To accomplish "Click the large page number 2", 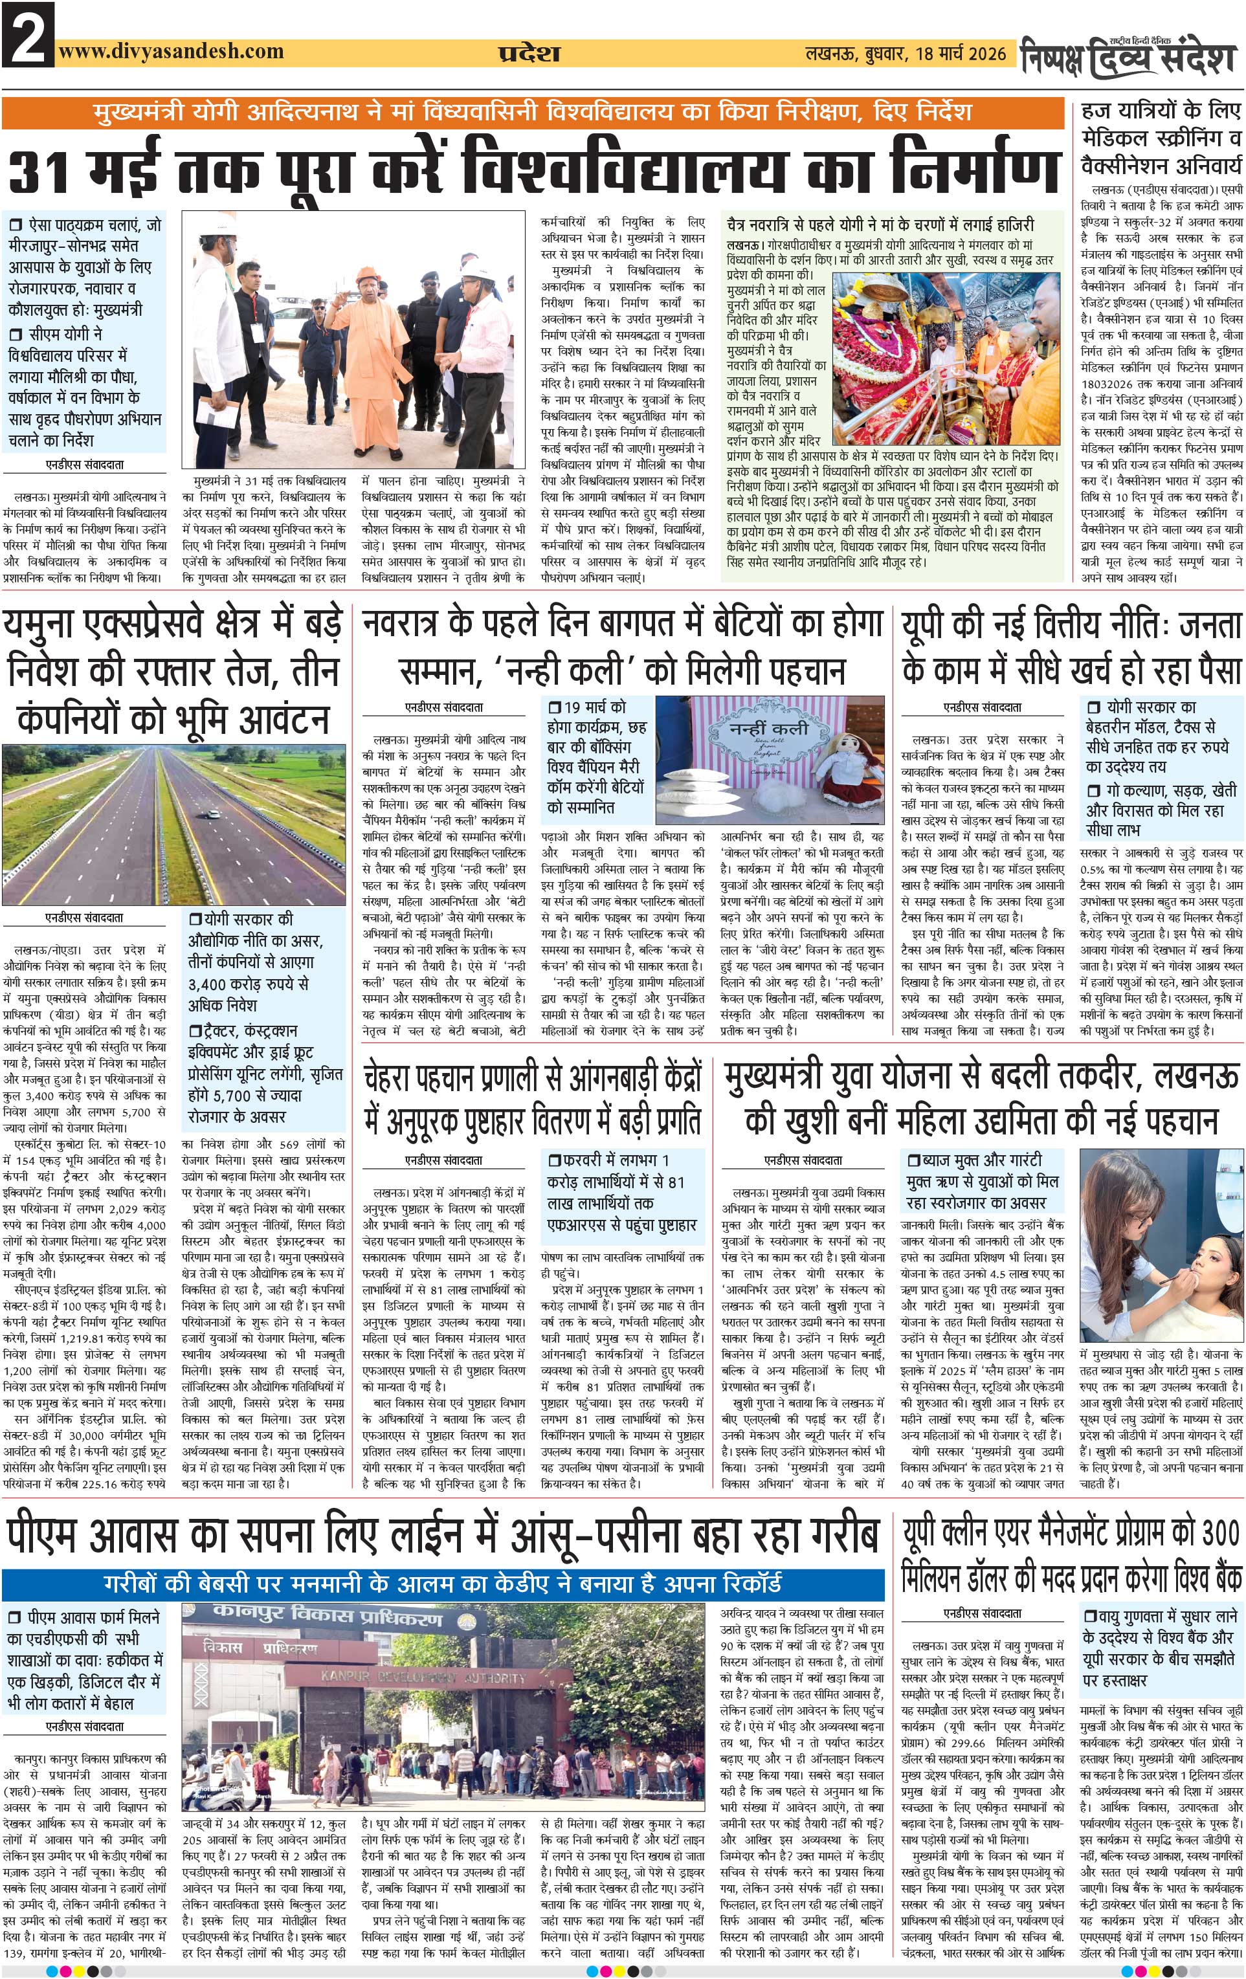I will [27, 34].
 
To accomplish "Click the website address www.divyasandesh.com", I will [171, 52].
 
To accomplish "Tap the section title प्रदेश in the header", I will [528, 54].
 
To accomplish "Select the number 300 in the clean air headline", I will [1219, 1532].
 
